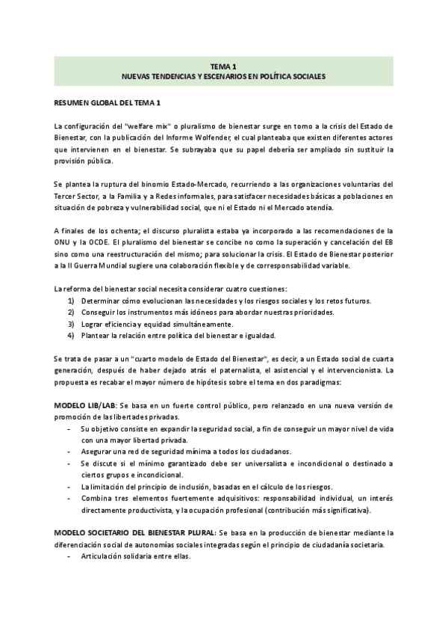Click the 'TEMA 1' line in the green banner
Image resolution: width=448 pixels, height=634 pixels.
tap(223, 66)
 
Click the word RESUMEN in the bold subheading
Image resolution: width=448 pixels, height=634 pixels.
tap(73, 102)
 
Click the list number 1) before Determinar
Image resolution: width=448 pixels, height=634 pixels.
tap(71, 301)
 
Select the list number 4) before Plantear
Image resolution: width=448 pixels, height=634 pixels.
tap(71, 336)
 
